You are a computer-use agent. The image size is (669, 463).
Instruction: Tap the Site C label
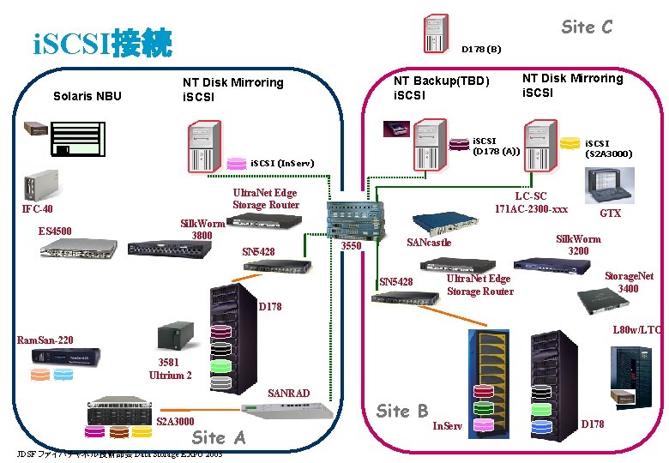(x=587, y=27)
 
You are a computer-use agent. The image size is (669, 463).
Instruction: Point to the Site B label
(x=402, y=411)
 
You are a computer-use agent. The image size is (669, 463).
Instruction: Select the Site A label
(x=219, y=437)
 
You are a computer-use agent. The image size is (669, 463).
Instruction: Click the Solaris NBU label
(x=87, y=95)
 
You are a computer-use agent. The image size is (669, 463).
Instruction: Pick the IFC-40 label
(x=37, y=210)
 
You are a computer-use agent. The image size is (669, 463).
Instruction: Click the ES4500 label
(x=55, y=231)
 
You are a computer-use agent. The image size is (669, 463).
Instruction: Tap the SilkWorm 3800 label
(x=202, y=230)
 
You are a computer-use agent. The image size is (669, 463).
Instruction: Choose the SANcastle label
(x=428, y=243)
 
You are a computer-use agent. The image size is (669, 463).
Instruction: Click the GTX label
(x=610, y=213)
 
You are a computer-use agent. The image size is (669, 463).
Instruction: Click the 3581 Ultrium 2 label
(x=170, y=369)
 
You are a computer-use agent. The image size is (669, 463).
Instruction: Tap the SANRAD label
(x=288, y=393)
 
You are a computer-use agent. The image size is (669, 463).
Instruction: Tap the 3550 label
(x=352, y=247)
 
